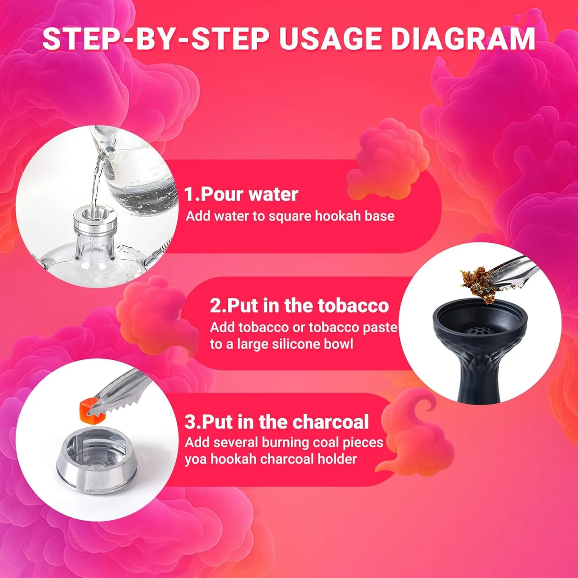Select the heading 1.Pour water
pyautogui.click(x=241, y=194)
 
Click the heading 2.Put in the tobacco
pyautogui.click(x=299, y=305)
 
